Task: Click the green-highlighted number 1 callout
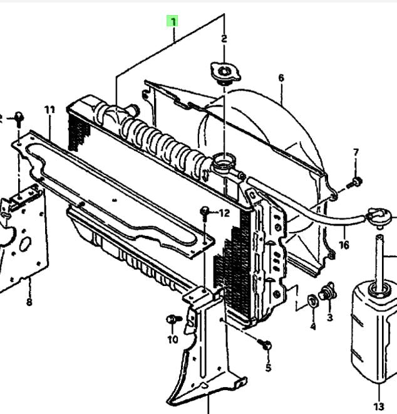pos(172,21)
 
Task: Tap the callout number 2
pos(224,39)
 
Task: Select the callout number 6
pos(281,78)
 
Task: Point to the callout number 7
pos(356,152)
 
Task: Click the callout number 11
pos(49,110)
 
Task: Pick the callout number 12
pos(224,213)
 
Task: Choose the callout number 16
pos(344,245)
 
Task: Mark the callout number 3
pos(330,317)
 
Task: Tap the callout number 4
pos(313,327)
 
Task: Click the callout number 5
pos(268,368)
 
